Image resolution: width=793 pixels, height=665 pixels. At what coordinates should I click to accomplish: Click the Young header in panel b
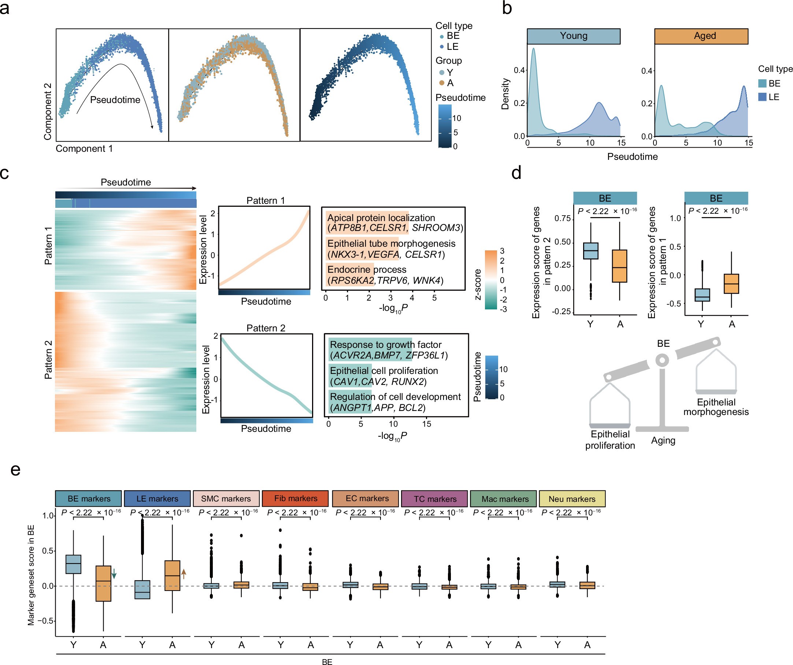[x=573, y=36]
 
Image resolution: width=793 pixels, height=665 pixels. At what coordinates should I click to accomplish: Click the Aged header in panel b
[x=701, y=36]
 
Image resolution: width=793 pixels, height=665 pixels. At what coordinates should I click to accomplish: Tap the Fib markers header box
[x=295, y=498]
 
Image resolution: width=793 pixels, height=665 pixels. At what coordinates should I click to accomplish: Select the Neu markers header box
[x=572, y=498]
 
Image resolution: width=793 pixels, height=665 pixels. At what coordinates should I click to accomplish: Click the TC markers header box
[x=434, y=498]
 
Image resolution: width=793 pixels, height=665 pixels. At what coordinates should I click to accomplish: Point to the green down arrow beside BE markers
[x=114, y=574]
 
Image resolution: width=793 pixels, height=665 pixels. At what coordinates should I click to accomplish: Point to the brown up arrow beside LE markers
[x=184, y=574]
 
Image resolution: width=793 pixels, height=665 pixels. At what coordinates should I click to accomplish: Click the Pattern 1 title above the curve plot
[x=266, y=200]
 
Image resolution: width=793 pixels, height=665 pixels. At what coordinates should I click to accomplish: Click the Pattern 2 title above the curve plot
[x=266, y=328]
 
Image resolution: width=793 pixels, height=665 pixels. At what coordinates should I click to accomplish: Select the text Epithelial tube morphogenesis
[x=391, y=243]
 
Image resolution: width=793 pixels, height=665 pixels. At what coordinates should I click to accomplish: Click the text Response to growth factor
[x=386, y=344]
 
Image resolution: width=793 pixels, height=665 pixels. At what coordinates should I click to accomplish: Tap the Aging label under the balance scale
[x=663, y=440]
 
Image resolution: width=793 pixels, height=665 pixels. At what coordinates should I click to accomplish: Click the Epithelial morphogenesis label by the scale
[x=716, y=407]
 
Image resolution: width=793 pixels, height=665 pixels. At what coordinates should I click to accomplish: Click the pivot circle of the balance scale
[x=662, y=360]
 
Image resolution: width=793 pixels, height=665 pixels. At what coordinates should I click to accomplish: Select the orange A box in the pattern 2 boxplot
[x=619, y=266]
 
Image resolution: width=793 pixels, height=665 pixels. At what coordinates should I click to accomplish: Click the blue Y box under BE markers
[x=73, y=564]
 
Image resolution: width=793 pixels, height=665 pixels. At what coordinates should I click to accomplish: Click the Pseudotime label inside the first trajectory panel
[x=115, y=100]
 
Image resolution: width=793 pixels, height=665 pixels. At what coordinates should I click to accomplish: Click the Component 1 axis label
[x=84, y=148]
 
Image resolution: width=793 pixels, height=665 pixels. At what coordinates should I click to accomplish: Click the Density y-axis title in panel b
[x=505, y=94]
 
